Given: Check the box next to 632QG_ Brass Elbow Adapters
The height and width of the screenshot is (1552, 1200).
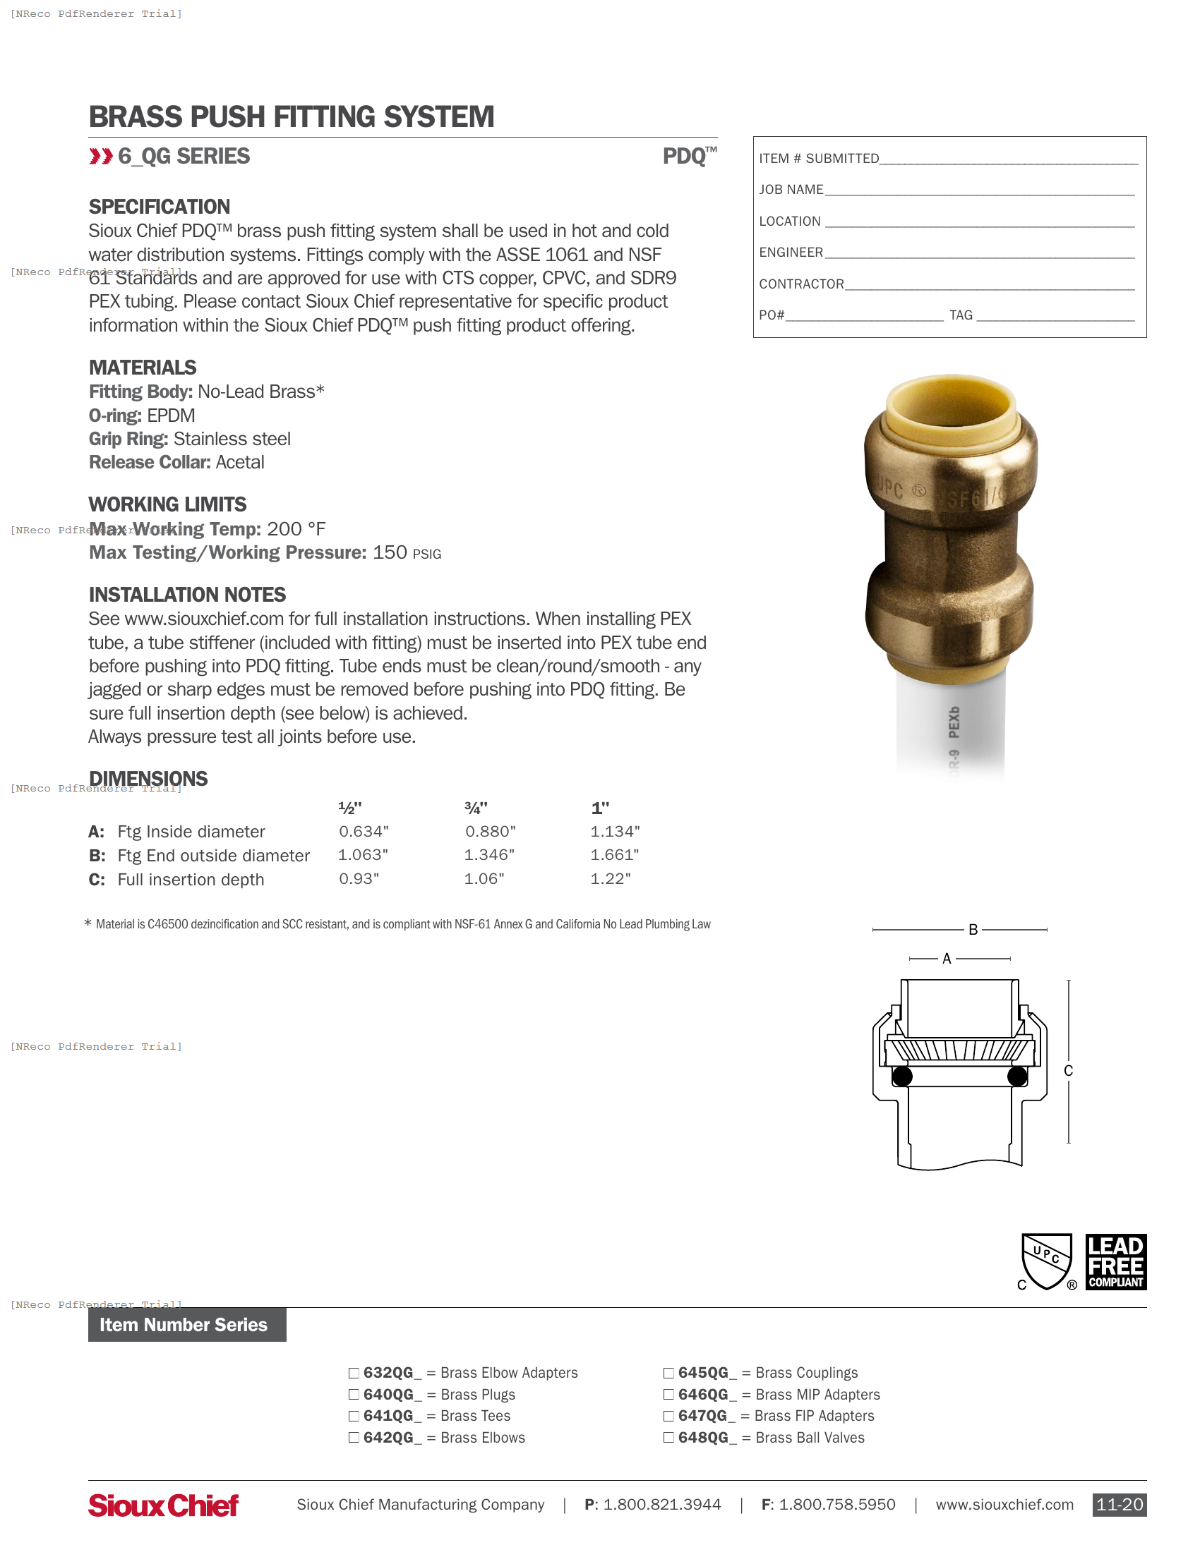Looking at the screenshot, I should click(354, 1373).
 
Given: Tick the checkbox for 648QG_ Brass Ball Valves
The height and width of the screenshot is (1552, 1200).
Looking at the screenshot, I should click(668, 1438).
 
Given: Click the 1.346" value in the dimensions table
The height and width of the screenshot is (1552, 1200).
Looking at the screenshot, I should click(489, 855).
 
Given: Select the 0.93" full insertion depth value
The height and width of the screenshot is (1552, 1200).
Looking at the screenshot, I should click(359, 879).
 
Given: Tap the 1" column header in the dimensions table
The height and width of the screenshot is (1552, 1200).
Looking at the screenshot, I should click(600, 808).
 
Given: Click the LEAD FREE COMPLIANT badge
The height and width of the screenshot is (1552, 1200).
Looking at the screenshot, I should click(1115, 1262).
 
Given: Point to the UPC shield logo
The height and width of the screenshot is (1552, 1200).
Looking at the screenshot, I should click(1045, 1262).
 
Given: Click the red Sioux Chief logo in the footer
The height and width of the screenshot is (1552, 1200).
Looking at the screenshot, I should click(164, 1505).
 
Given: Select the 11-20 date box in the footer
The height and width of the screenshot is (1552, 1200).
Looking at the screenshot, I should click(1119, 1505).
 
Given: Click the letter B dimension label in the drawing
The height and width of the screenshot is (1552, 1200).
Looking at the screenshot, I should click(973, 930).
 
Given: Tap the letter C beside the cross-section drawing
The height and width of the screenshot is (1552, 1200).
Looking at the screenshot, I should click(1068, 1071).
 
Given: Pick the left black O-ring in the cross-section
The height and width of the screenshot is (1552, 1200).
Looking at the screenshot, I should click(902, 1077).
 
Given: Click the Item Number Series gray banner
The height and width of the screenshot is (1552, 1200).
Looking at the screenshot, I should click(187, 1325).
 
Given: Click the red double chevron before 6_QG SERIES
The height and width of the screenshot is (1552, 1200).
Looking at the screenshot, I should click(101, 157).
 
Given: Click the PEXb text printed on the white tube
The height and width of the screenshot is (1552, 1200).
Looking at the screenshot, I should click(954, 722).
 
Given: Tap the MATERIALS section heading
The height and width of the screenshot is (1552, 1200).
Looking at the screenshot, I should click(142, 368).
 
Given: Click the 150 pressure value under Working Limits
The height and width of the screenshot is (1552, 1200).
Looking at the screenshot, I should click(390, 552).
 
